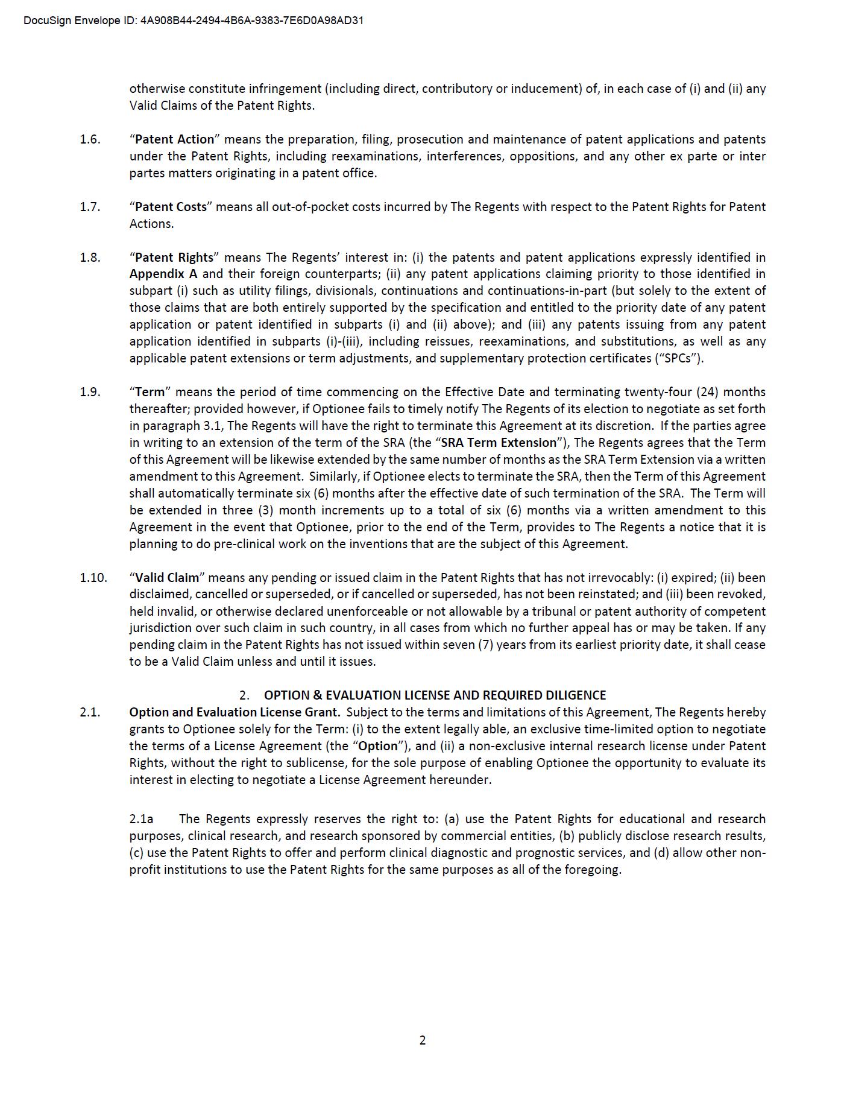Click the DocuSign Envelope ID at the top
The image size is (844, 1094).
(194, 21)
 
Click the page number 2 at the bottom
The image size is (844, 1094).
(422, 1040)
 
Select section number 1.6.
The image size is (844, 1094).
(90, 139)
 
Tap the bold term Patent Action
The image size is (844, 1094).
(174, 139)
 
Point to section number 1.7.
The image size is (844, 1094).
(90, 207)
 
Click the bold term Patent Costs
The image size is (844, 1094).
(171, 207)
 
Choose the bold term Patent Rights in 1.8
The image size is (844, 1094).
(174, 258)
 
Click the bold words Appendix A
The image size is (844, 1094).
(163, 274)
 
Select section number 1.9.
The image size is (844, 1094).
(90, 392)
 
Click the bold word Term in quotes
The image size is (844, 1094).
(150, 392)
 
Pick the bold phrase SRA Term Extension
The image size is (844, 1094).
(499, 443)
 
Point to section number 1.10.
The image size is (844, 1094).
(93, 578)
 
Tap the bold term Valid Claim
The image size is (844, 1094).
(166, 578)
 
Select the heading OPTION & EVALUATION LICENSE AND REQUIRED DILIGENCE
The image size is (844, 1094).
(435, 695)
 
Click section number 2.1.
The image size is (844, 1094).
(90, 712)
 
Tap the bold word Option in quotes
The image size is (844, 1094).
(378, 746)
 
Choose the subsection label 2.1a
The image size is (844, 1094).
(142, 819)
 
